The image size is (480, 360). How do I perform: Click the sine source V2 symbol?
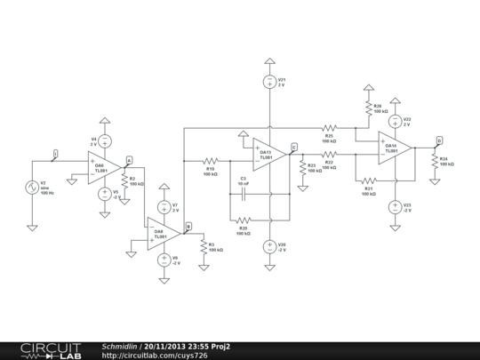[32, 188]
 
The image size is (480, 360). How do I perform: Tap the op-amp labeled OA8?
[164, 234]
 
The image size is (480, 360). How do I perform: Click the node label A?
[129, 160]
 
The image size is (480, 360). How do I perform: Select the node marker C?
[294, 147]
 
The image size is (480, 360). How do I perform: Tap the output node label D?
[438, 140]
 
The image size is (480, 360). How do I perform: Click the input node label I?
[55, 155]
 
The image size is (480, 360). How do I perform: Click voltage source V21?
[268, 82]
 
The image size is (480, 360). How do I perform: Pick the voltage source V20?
[268, 245]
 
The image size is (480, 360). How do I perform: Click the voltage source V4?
[104, 140]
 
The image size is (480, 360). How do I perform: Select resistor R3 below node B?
[203, 246]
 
